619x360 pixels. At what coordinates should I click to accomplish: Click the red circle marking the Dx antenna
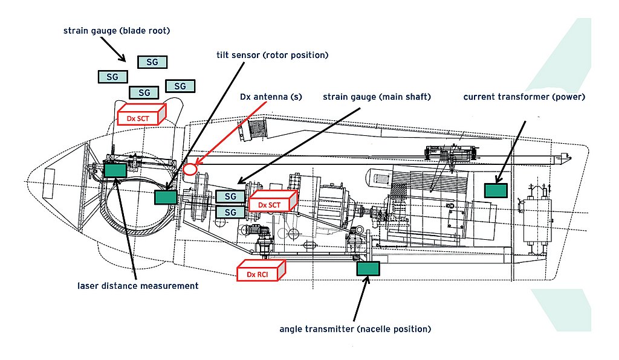190,169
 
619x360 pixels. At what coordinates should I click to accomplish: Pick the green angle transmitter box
368,269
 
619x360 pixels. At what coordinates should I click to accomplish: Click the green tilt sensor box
165,198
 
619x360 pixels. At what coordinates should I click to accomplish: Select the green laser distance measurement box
115,170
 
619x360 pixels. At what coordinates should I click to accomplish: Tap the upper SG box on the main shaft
230,197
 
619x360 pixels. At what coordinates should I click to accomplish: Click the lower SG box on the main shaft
230,212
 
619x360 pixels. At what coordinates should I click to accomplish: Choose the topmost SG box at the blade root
152,62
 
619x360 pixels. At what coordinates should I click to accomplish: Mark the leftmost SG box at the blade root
112,77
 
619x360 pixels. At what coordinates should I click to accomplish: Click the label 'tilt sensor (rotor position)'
272,55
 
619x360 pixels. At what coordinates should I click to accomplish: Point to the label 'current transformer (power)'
524,97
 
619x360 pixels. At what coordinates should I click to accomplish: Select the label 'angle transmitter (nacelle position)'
355,329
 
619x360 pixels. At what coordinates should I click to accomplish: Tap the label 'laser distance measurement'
138,286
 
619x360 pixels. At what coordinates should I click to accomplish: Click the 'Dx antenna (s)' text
271,97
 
